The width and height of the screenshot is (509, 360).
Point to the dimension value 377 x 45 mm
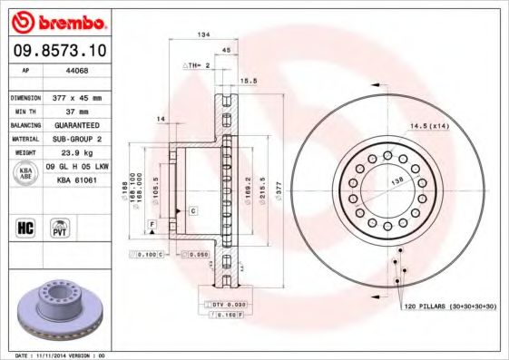[83, 96]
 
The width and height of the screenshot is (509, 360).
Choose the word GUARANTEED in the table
[83, 124]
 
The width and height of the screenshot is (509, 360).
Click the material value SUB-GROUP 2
[83, 139]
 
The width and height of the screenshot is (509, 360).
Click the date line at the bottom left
[62, 355]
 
